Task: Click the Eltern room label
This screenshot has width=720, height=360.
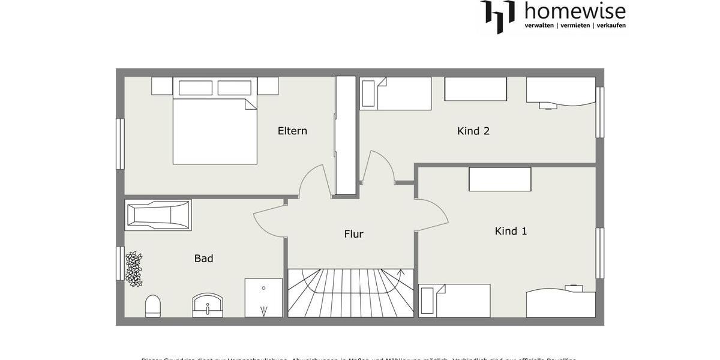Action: point(292,131)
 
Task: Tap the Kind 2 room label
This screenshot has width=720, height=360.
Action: point(473,131)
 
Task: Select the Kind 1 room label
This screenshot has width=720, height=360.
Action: point(511,231)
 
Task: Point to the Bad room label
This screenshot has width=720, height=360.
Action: point(203,259)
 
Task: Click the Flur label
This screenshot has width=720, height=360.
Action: point(353,234)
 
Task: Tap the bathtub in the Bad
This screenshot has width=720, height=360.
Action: point(158,215)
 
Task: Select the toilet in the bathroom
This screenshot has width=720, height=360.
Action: point(153,305)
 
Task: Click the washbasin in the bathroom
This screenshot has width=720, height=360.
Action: point(208,304)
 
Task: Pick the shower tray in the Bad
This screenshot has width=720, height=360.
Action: point(263,297)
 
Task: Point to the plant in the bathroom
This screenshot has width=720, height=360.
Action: point(134,269)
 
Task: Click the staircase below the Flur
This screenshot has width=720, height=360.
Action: point(350,292)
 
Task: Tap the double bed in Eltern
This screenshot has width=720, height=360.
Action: point(215,128)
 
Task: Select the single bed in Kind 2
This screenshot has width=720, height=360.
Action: point(396,94)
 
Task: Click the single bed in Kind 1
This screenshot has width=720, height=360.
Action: point(454,301)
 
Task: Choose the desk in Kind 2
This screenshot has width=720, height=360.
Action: point(560,92)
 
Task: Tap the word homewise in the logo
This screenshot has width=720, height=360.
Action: point(575,11)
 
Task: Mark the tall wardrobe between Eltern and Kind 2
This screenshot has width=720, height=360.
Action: point(346,135)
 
